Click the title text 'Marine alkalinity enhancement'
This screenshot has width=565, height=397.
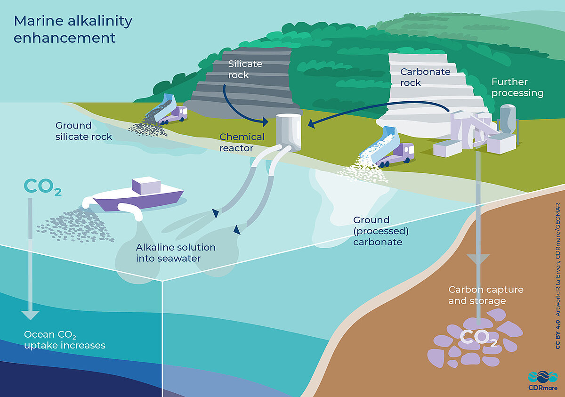pyautogui.click(x=73, y=29)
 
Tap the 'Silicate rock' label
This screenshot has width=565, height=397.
pyautogui.click(x=245, y=69)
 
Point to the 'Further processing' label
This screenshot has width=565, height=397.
pyautogui.click(x=517, y=88)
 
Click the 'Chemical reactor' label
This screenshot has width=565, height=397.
pyautogui.click(x=242, y=142)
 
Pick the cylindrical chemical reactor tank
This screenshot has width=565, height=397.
pyautogui.click(x=289, y=131)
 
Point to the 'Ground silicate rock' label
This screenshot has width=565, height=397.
pyautogui.click(x=83, y=131)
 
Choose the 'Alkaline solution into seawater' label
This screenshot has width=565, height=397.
pyautogui.click(x=176, y=252)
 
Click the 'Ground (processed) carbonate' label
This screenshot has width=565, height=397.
pyautogui.click(x=378, y=231)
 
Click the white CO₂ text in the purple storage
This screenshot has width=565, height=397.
pyautogui.click(x=477, y=337)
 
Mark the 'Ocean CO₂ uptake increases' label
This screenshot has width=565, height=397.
pyautogui.click(x=65, y=340)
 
